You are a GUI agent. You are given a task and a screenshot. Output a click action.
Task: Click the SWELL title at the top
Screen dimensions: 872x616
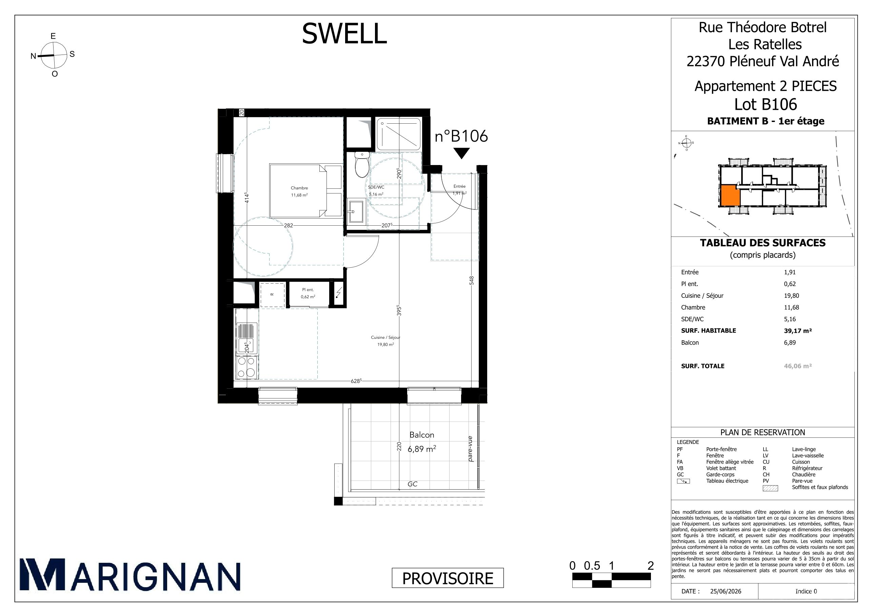(344, 34)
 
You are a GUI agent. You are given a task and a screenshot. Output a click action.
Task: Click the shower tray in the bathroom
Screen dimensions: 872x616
(398, 134)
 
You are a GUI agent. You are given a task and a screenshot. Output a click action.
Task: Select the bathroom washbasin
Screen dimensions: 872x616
(356, 211)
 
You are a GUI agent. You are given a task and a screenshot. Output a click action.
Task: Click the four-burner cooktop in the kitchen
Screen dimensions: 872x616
(246, 368)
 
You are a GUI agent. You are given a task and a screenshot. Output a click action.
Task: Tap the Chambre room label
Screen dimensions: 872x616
(299, 188)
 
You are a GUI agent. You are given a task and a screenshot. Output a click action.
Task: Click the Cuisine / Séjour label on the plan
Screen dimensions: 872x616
(385, 337)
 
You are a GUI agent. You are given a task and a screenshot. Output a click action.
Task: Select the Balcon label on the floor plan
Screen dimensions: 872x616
(421, 435)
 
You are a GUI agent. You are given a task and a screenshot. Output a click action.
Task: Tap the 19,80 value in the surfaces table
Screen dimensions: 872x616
(791, 296)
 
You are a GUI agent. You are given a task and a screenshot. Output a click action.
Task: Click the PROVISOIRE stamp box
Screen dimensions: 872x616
(448, 578)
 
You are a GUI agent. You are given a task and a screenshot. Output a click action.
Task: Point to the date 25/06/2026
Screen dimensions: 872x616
(726, 591)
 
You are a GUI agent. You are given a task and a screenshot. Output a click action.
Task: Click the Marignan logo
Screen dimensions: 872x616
(130, 574)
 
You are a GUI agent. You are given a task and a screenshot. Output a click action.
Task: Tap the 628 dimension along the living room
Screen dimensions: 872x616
(356, 381)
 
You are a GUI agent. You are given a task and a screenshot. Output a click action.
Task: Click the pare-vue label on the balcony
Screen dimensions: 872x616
(470, 449)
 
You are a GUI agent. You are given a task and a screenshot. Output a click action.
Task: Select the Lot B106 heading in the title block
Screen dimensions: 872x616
(766, 104)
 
